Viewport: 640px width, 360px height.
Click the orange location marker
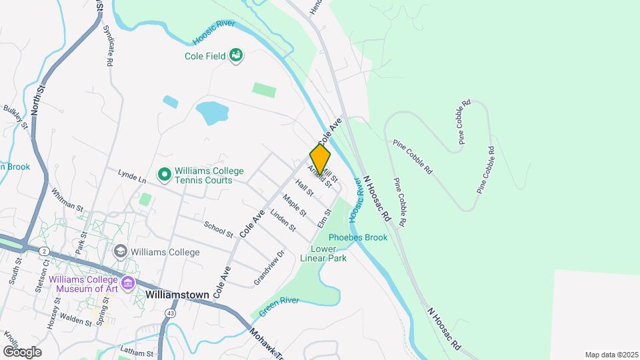pyautogui.click(x=320, y=159)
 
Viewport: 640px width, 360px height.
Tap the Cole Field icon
pyautogui.click(x=235, y=55)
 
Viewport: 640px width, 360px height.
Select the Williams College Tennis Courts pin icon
pyautogui.click(x=164, y=175)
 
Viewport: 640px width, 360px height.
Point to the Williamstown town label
pyautogui.click(x=177, y=294)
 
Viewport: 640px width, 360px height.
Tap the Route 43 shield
pyautogui.click(x=171, y=312)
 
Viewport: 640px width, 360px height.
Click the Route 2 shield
pyautogui.click(x=43, y=250)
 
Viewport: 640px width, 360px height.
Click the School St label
pyautogui.click(x=219, y=229)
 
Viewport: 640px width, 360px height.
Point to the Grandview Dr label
pyautogui.click(x=269, y=268)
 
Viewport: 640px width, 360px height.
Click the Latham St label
pyautogui.click(x=137, y=350)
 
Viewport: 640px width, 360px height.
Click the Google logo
pyautogui.click(x=22, y=351)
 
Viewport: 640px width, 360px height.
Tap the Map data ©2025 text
pyautogui.click(x=610, y=355)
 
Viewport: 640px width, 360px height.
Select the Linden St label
pyautogui.click(x=283, y=220)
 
